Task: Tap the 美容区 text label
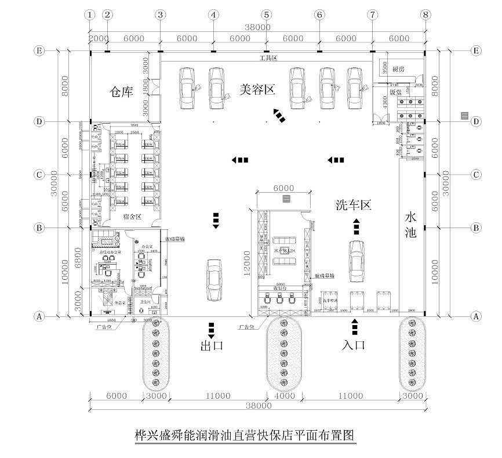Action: pos(257,89)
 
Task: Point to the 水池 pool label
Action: pos(410,225)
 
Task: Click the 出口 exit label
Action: pos(212,346)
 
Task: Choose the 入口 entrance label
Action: pos(353,345)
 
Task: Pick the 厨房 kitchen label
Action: pos(398,68)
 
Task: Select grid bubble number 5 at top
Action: pos(266,15)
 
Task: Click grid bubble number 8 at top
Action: pos(426,15)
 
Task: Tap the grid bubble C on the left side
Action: pos(39,174)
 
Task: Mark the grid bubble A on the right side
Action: pos(476,316)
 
